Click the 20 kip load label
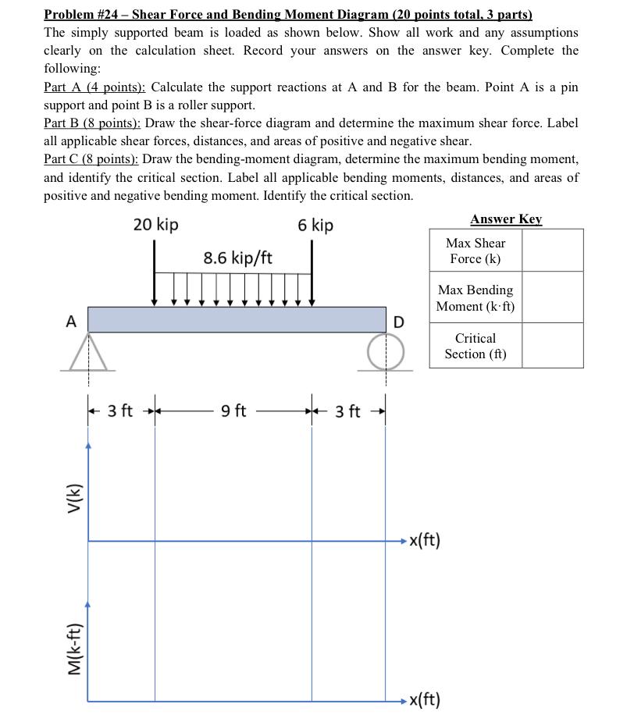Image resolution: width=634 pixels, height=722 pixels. [155, 225]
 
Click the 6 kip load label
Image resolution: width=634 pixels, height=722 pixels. [315, 226]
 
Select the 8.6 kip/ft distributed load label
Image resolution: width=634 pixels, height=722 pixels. [237, 258]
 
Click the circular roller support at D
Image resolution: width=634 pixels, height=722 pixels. [386, 350]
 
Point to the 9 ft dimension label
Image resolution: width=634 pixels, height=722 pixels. [234, 411]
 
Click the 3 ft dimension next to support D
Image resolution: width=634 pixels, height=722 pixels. [348, 411]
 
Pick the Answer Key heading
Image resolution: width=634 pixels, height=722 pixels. [506, 219]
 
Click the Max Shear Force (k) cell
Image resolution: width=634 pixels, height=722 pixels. [476, 251]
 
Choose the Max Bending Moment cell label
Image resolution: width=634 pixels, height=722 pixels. [475, 298]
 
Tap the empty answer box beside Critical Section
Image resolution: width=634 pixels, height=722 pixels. [552, 346]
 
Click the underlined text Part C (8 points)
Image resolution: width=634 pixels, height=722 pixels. [91, 158]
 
